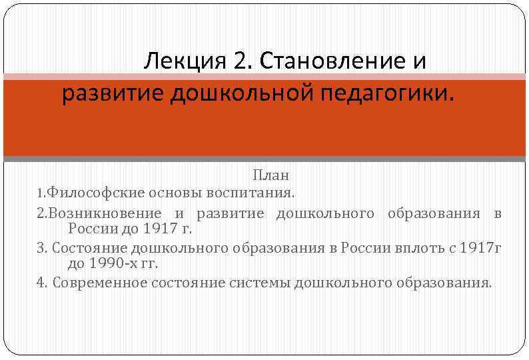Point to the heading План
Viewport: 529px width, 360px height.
(270, 176)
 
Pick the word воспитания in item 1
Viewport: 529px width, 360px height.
(259, 193)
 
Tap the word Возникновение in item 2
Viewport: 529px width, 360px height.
(105, 213)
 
